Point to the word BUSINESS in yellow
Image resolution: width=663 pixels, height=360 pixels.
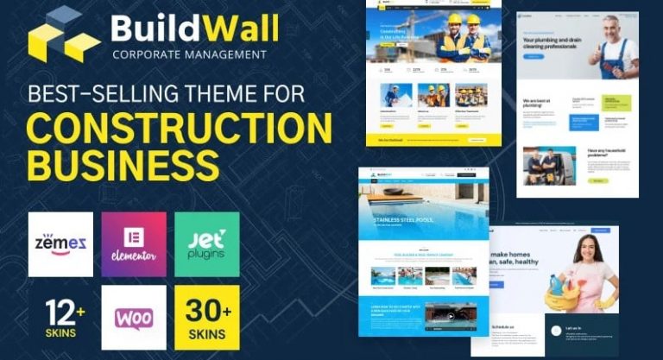[122, 164]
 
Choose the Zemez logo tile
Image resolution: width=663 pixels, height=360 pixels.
[60, 243]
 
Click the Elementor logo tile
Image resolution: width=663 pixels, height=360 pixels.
[134, 243]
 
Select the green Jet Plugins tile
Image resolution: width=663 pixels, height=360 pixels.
[207, 243]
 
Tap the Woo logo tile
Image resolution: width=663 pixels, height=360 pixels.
[134, 317]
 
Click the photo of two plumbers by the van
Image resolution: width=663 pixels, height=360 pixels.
[549, 165]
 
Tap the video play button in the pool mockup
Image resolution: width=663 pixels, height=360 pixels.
[450, 316]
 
